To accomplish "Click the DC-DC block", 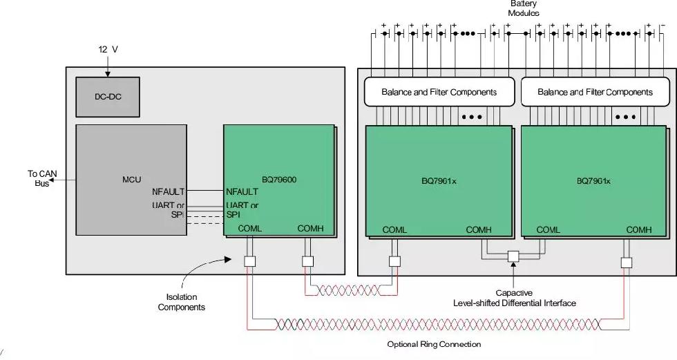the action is [108, 97].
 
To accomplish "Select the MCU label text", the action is [132, 180].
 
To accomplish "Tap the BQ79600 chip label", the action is [279, 180].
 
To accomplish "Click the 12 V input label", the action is [108, 49].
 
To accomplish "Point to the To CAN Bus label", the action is [42, 178].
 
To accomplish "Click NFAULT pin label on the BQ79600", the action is [242, 191].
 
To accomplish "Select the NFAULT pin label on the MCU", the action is [169, 191].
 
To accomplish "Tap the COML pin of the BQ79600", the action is [249, 228].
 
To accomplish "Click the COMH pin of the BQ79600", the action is [310, 228].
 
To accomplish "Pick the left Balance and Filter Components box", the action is [439, 91].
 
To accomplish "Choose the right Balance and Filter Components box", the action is [595, 91].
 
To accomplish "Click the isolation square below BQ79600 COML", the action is [249, 261].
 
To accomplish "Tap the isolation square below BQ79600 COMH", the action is [307, 261].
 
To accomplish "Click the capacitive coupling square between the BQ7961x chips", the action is [513, 256].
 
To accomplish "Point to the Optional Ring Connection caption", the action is [434, 344].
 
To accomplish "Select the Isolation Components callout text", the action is [181, 302].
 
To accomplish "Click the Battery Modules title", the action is [524, 8].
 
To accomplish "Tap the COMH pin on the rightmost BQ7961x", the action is [639, 229].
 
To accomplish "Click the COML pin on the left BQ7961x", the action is [394, 229].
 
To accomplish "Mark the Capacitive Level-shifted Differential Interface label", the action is [514, 298].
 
